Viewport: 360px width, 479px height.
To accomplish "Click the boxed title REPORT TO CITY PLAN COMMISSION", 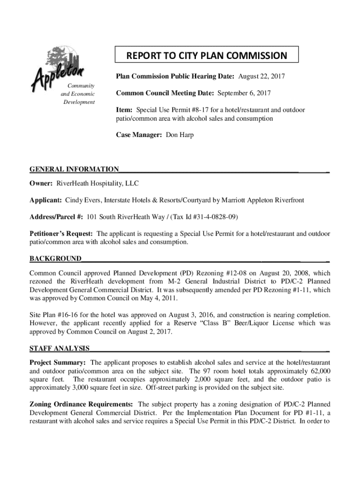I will (x=206, y=56).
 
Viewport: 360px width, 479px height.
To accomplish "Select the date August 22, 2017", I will (x=262, y=76).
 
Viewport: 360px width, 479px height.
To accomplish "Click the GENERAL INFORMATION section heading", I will (x=74, y=169).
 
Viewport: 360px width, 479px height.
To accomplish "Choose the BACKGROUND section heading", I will (x=55, y=259).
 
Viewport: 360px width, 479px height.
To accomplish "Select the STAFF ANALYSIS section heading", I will (x=60, y=348).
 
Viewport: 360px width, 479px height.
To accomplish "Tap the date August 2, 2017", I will (x=150, y=332).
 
